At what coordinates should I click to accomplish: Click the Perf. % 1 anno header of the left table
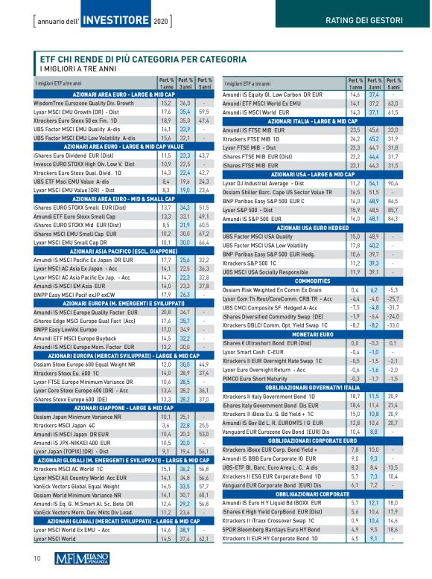tap(166, 82)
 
